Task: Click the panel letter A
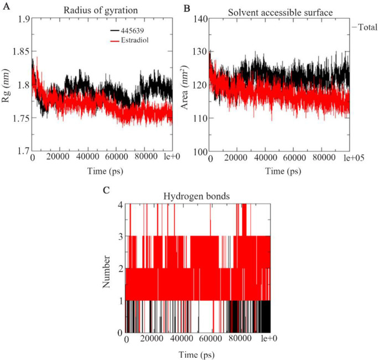click(x=6, y=6)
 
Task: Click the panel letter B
click(x=187, y=8)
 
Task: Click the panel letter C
click(x=106, y=191)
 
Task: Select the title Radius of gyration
click(x=101, y=11)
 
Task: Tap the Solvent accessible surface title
click(x=281, y=13)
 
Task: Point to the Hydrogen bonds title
click(x=196, y=196)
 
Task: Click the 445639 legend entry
click(x=127, y=30)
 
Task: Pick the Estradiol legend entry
click(x=130, y=40)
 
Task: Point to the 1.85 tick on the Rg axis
click(x=20, y=52)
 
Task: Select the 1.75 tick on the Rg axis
click(x=20, y=118)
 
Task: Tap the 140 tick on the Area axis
click(x=200, y=19)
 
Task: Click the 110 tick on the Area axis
click(x=200, y=119)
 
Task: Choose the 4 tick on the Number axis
click(x=120, y=205)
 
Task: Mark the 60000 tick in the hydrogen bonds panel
click(x=211, y=338)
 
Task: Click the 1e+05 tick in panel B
click(x=354, y=158)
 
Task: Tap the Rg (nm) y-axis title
click(x=6, y=85)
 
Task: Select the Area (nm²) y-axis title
click(x=184, y=88)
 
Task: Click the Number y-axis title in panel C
click(x=106, y=272)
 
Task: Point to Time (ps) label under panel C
click(x=196, y=354)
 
